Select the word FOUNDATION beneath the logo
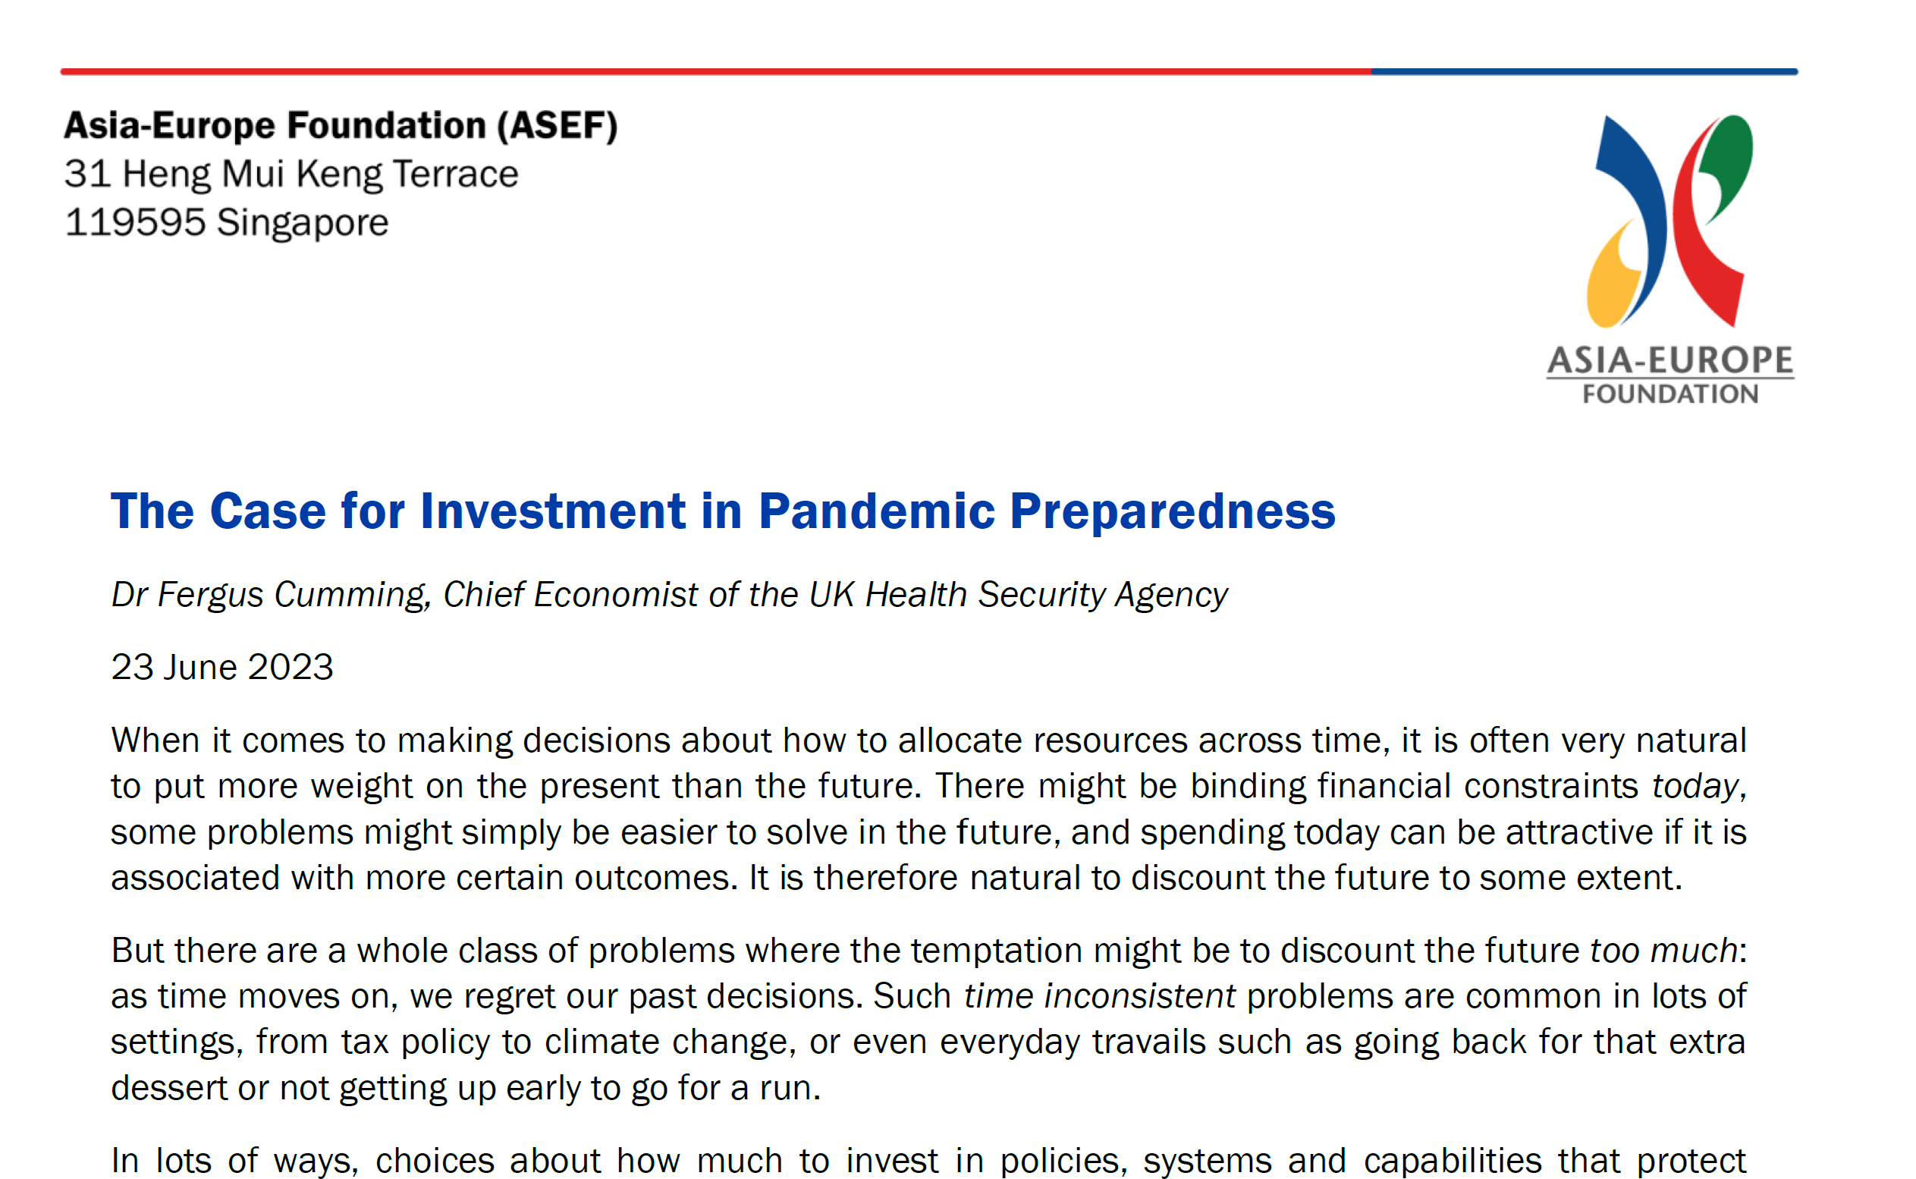click(1669, 395)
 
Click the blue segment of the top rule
click(1583, 72)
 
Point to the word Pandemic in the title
click(876, 511)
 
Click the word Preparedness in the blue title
click(1172, 511)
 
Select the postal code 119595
click(135, 223)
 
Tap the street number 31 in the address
click(87, 174)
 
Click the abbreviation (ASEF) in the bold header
click(558, 125)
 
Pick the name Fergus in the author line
click(210, 595)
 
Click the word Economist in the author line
click(616, 595)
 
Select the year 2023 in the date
click(291, 668)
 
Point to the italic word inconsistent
click(1139, 997)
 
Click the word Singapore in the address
click(303, 223)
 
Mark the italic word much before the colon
click(1695, 951)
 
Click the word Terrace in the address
click(455, 174)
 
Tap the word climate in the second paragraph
click(601, 1042)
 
